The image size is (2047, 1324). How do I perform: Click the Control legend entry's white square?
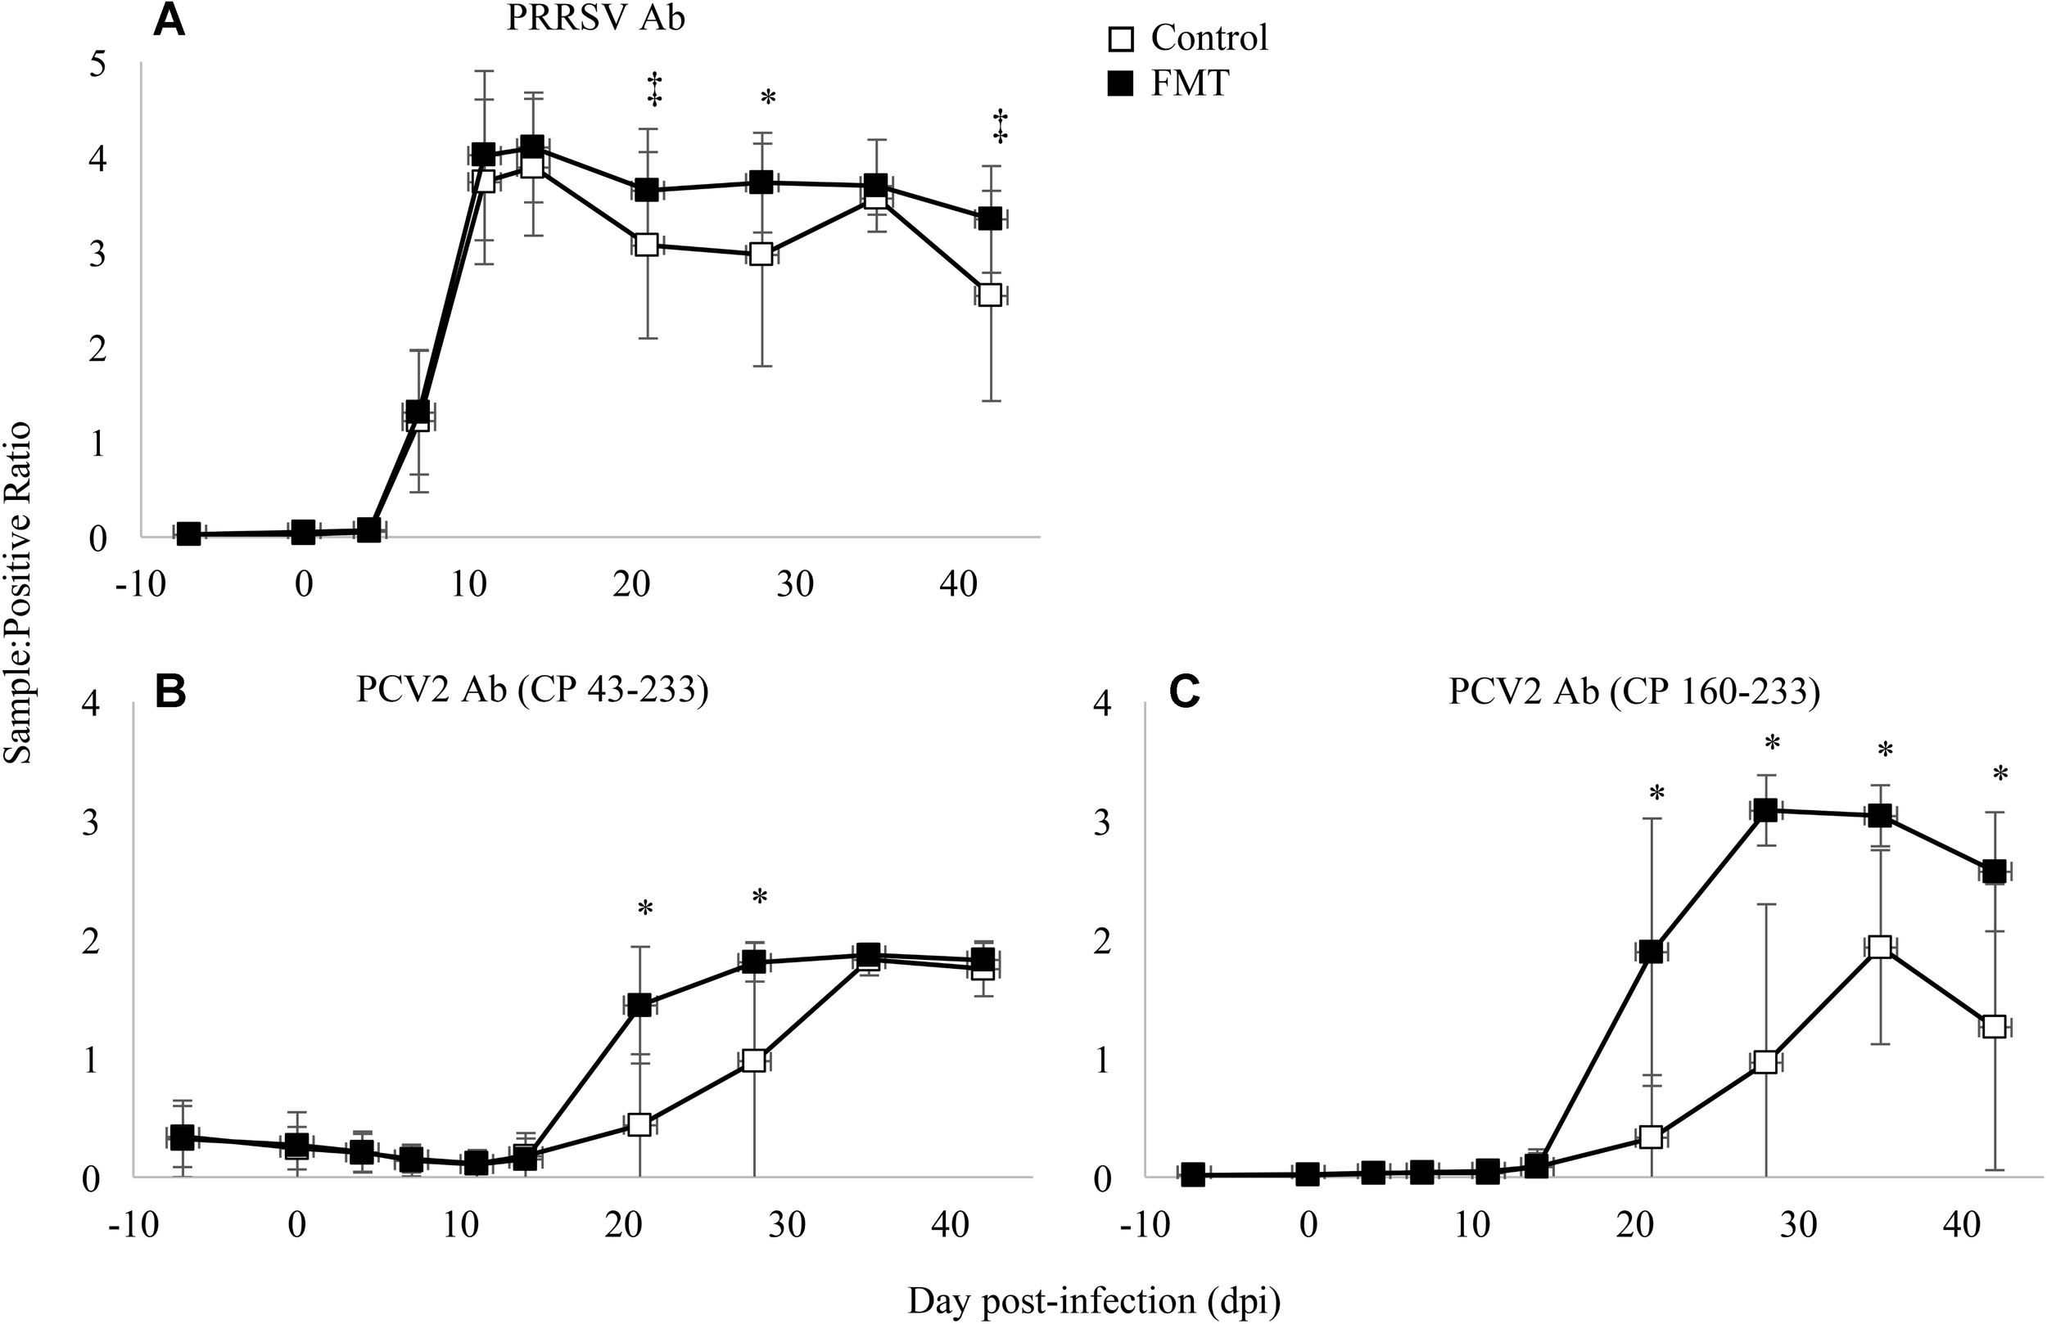1120,38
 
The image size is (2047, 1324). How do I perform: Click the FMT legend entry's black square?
1120,84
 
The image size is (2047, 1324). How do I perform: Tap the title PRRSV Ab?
595,18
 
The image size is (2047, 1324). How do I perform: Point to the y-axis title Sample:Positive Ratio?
18,592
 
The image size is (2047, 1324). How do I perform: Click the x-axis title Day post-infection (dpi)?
1094,1301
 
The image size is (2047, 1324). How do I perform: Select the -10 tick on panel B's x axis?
133,1224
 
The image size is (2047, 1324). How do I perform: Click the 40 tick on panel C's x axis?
1962,1224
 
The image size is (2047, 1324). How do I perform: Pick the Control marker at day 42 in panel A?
990,295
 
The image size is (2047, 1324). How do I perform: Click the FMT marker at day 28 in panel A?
761,182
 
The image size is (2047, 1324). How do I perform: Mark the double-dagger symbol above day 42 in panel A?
1000,125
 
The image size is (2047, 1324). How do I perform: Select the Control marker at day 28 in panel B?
754,1060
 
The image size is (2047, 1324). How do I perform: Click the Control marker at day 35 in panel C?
1880,948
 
